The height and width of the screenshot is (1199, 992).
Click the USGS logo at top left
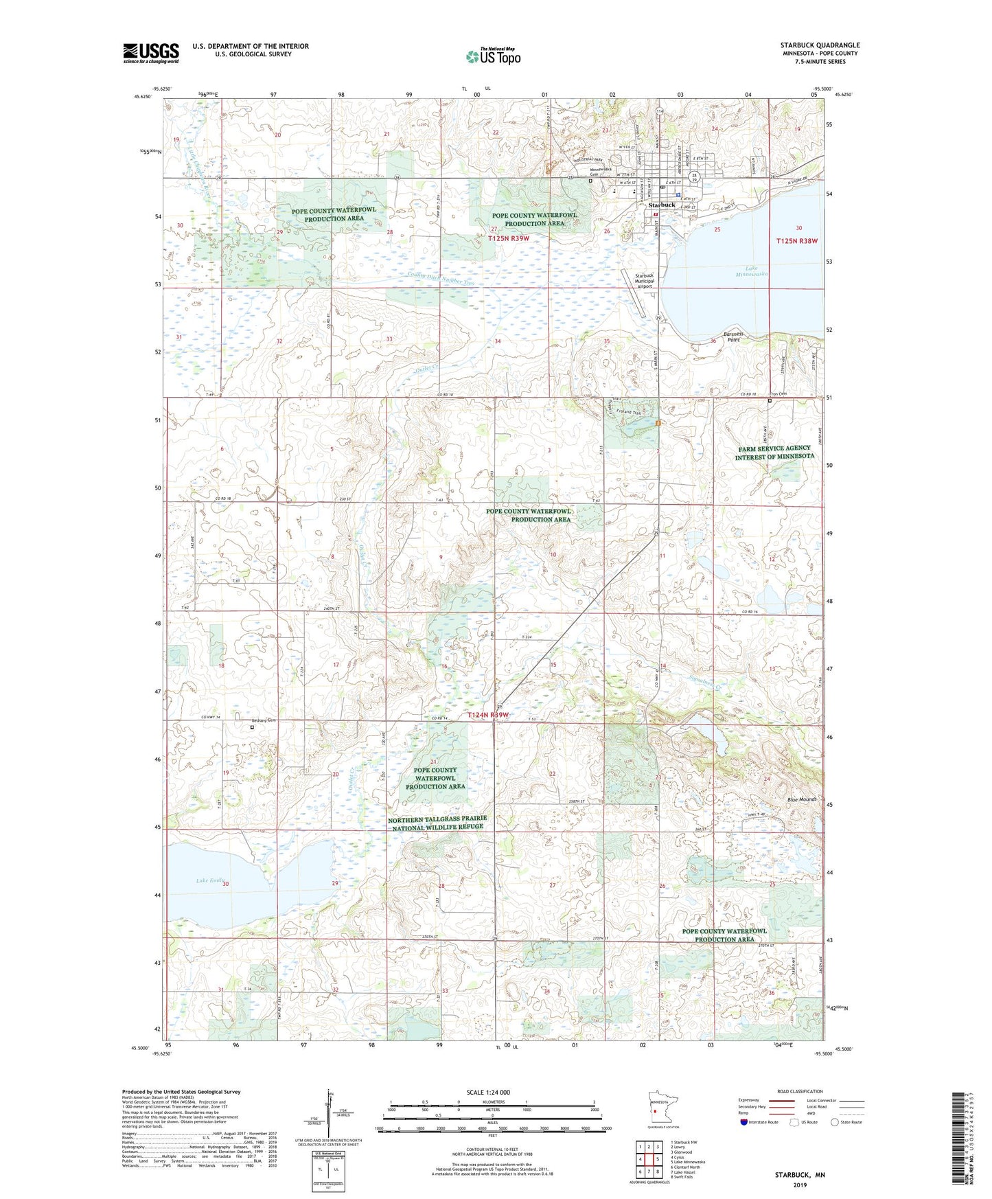pyautogui.click(x=150, y=53)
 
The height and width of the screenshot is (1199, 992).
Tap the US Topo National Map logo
pyautogui.click(x=492, y=56)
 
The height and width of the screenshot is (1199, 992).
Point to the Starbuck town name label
pyautogui.click(x=662, y=205)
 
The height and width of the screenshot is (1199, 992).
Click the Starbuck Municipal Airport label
pyautogui.click(x=644, y=281)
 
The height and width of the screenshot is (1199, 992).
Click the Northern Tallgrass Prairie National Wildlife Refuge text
pyautogui.click(x=437, y=823)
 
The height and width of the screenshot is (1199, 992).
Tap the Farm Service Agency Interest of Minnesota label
pyautogui.click(x=774, y=452)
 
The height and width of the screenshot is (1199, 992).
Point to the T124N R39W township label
pyautogui.click(x=488, y=715)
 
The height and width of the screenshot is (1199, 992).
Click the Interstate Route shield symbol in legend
pyautogui.click(x=745, y=1122)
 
